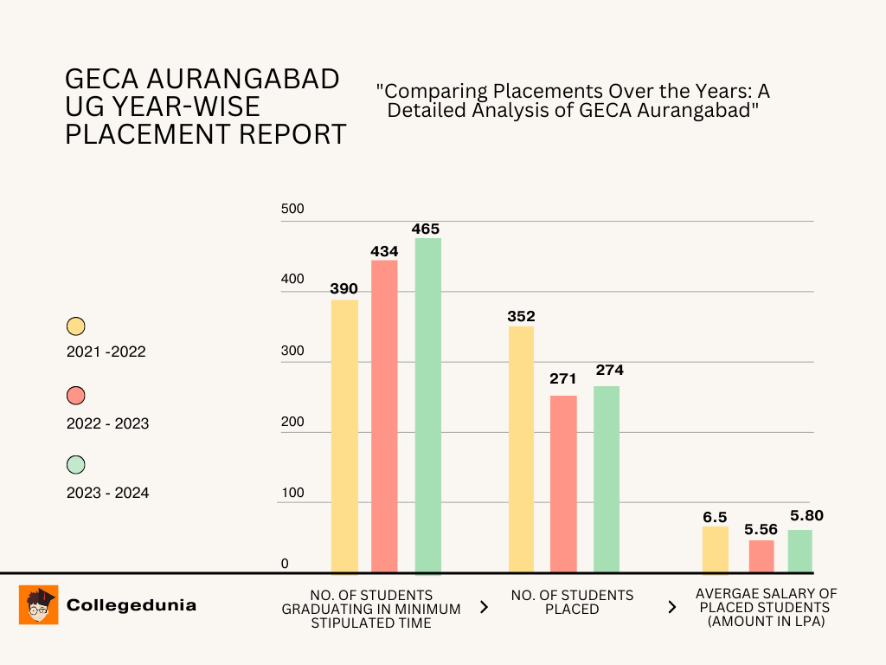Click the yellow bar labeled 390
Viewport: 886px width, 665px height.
[x=344, y=437]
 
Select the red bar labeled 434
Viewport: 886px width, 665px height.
[x=384, y=416]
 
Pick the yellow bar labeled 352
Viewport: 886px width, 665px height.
[x=521, y=449]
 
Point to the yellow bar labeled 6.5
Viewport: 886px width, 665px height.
[x=715, y=551]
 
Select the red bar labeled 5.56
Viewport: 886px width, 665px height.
[x=761, y=557]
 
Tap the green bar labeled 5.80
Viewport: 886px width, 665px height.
[x=799, y=552]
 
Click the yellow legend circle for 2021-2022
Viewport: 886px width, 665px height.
[x=76, y=326]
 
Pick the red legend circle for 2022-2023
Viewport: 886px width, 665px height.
[x=76, y=396]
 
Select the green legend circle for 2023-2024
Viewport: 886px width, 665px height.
[x=76, y=465]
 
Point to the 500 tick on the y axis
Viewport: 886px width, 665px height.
[x=292, y=210]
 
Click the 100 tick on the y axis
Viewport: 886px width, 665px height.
[x=292, y=493]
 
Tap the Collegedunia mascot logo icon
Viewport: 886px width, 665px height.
[x=38, y=604]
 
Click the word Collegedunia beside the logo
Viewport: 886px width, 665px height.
[x=132, y=605]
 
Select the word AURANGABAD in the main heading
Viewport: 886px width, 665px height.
[x=244, y=79]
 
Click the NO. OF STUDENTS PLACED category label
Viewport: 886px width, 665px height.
[x=572, y=602]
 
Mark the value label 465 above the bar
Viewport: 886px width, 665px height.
[x=427, y=229]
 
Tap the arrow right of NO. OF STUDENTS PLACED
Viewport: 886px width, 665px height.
[x=671, y=607]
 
